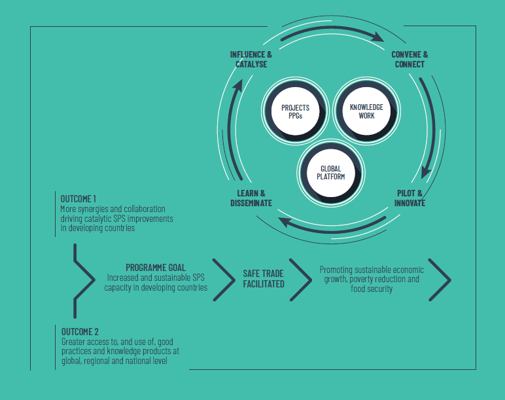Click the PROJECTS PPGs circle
[295, 111]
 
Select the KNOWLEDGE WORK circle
[366, 111]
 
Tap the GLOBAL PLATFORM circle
[331, 173]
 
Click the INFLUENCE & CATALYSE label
[251, 60]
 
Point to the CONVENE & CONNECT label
[409, 60]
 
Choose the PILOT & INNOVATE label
[409, 198]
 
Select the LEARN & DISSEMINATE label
[251, 198]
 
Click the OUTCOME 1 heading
[78, 198]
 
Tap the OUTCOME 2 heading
[80, 332]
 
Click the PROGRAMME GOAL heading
[156, 268]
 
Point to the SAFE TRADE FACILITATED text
[264, 279]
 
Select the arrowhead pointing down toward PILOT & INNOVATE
[426, 173]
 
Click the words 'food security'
[372, 289]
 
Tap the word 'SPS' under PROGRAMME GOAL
[198, 278]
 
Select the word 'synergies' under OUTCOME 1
[93, 209]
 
